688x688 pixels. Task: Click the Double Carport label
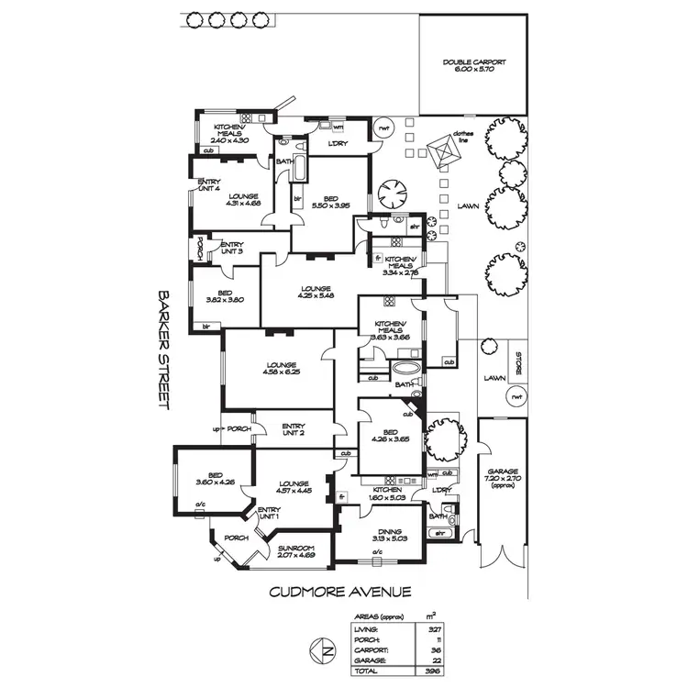473,66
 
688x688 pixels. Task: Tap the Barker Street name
166,350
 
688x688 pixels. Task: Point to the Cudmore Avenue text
339,592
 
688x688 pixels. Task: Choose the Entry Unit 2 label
294,429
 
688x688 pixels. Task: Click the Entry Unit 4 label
210,185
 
